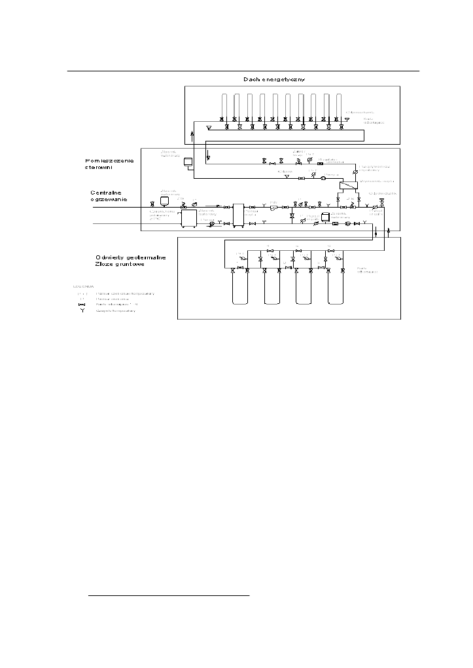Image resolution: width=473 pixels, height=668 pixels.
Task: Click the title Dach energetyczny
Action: click(274, 79)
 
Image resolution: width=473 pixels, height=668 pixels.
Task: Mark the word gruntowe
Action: click(134, 265)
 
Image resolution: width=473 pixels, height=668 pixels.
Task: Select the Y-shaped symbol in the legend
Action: click(82, 310)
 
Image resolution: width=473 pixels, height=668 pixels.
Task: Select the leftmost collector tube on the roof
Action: click(224, 105)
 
